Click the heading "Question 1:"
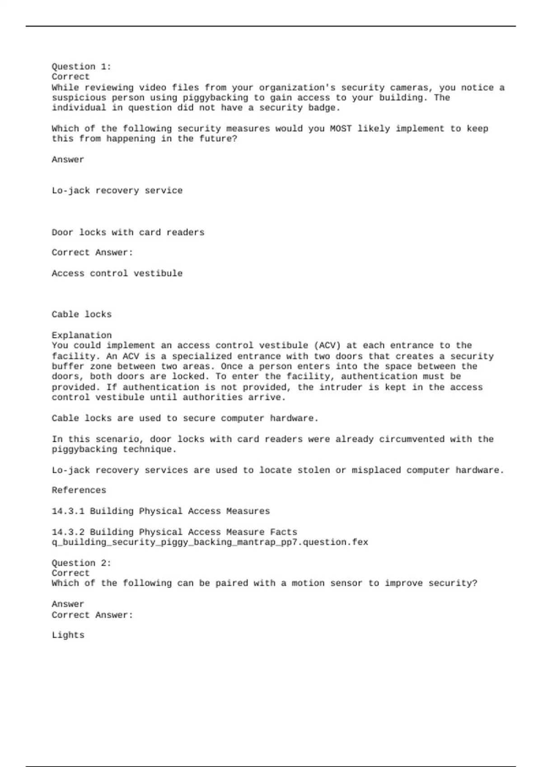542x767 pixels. click(81, 67)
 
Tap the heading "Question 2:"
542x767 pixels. click(81, 563)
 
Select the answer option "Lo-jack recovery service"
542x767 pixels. click(117, 191)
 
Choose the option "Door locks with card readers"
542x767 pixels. click(128, 232)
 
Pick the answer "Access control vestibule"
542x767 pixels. click(117, 273)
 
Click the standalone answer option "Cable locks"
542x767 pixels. click(81, 314)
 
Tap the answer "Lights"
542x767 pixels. click(68, 635)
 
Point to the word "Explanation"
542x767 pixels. click(81, 335)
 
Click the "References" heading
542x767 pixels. click(79, 490)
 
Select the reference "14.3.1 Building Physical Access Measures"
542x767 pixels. click(160, 511)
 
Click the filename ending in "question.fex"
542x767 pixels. click(210, 542)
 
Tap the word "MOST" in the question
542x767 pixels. click(341, 129)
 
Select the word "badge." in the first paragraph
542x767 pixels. click(324, 108)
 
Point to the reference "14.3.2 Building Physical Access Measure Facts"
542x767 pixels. click(174, 532)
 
